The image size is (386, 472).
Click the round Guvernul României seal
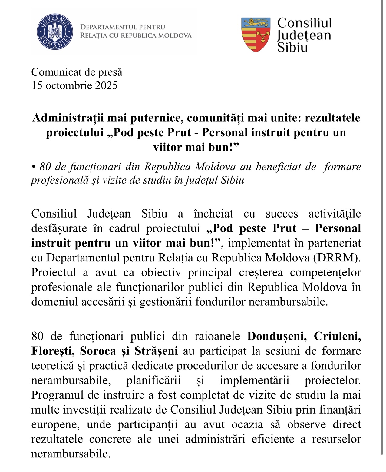(55, 32)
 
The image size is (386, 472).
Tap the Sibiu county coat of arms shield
(256, 35)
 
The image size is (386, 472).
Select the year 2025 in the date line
(106, 85)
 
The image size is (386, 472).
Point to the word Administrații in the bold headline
(68, 118)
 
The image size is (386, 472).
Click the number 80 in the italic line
(45, 167)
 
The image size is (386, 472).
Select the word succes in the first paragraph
(282, 214)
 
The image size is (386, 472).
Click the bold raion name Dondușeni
(277, 336)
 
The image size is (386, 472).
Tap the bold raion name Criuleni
(338, 336)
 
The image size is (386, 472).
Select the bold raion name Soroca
(98, 351)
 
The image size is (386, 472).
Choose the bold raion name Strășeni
(156, 351)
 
